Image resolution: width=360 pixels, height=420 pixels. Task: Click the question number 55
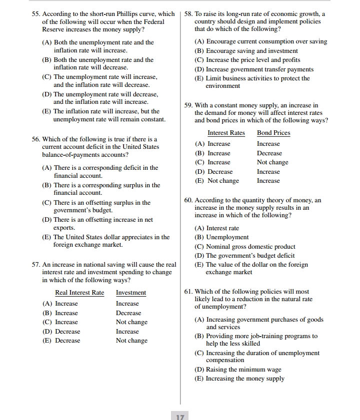point(35,14)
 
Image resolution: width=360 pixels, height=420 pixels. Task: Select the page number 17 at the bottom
point(180,416)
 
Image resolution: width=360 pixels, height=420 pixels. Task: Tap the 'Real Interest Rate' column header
point(79,293)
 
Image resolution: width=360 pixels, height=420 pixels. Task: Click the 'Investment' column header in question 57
point(131,293)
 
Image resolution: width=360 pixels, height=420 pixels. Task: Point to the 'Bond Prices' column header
point(273,133)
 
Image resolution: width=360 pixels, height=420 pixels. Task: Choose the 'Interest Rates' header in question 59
point(226,133)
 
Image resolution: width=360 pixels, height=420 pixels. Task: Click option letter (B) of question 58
point(199,51)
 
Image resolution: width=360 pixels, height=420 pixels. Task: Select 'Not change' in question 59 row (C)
point(272,162)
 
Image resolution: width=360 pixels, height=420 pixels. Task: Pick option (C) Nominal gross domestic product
point(244,247)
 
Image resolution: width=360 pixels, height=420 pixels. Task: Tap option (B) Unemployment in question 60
point(221,237)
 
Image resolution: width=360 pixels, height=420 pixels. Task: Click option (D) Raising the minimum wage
point(237,370)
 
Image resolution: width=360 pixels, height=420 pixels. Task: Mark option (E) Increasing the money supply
point(239,379)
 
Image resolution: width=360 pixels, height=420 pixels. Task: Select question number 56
point(35,139)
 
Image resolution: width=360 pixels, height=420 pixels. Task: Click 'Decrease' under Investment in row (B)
point(128,313)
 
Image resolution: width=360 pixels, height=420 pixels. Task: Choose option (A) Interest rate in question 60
point(216,228)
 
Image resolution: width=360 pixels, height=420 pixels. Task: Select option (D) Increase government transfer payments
point(253,69)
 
